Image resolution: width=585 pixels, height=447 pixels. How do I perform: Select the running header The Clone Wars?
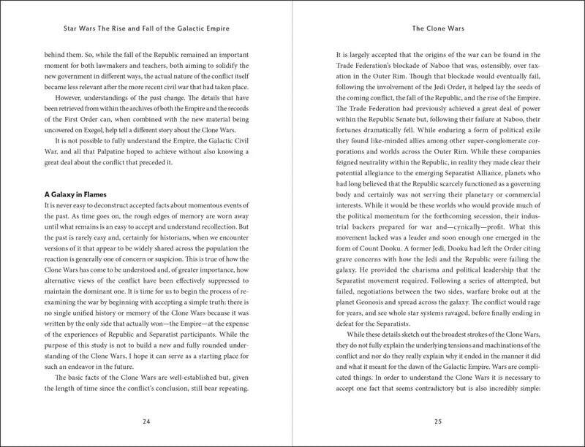point(437,31)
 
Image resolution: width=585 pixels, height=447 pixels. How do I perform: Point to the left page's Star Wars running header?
point(148,31)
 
